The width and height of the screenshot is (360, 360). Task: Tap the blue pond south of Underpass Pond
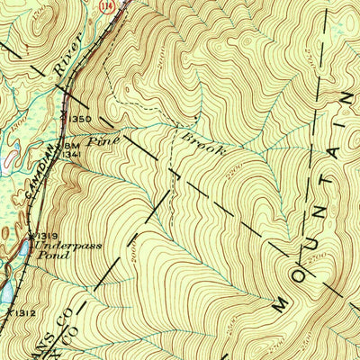[6, 292]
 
